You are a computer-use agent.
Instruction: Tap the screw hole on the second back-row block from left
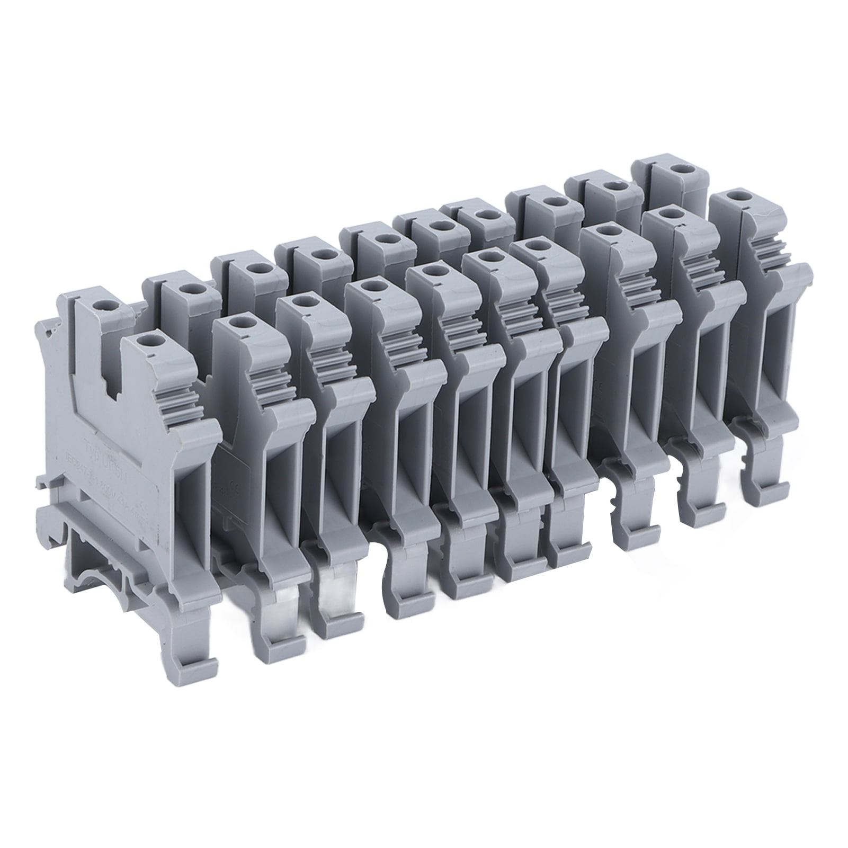[x=185, y=289]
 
